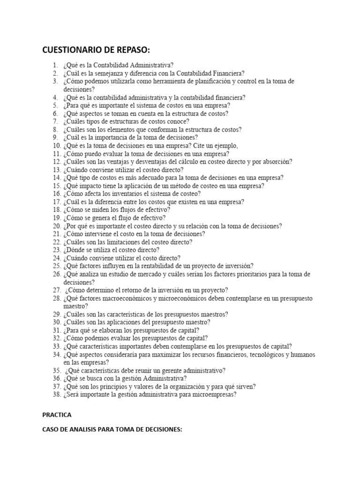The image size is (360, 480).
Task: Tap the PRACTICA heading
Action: click(57, 415)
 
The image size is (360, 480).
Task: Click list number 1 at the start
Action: click(55, 65)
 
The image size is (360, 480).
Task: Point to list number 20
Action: click(56, 226)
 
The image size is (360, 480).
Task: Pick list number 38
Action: click(56, 395)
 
